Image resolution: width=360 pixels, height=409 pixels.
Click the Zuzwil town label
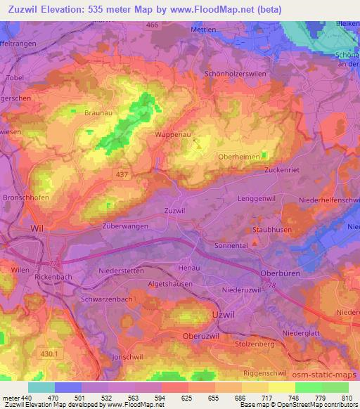pos(174,210)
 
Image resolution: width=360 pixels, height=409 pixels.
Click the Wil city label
pos(37,229)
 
